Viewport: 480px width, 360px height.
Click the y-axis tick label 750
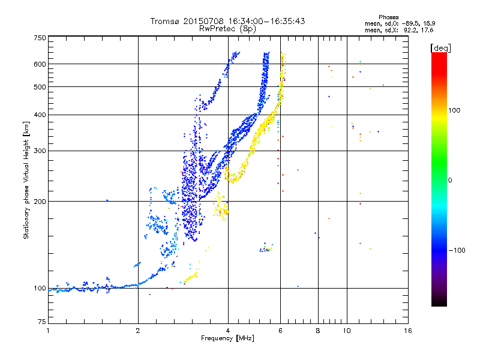tap(40, 37)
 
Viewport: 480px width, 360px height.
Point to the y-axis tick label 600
tap(40, 64)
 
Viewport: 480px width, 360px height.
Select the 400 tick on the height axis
tap(40, 115)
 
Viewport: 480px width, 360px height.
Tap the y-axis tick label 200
tap(40, 201)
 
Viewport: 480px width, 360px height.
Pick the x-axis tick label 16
tap(408, 331)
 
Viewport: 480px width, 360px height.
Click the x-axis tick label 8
tap(318, 331)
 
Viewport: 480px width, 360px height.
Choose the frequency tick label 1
tap(48, 331)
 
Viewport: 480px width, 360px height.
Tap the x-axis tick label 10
tap(346, 331)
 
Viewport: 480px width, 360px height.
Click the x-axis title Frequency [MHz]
tap(227, 338)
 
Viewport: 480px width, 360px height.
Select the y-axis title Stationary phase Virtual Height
tap(26, 180)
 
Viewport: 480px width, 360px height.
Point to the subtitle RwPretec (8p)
tap(227, 28)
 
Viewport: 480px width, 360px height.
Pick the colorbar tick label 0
tap(451, 180)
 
